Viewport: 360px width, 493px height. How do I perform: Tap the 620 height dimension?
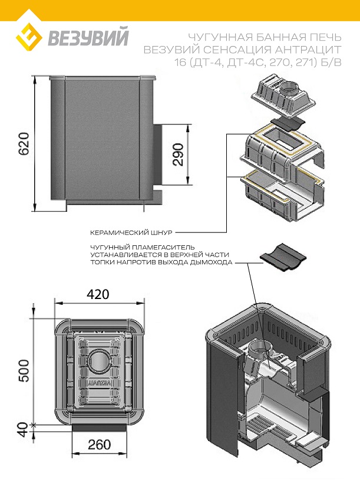point(24,143)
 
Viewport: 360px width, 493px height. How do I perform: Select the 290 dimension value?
point(179,153)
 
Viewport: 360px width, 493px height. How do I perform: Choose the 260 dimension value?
point(98,445)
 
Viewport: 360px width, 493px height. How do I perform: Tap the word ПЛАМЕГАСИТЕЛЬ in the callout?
point(157,247)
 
